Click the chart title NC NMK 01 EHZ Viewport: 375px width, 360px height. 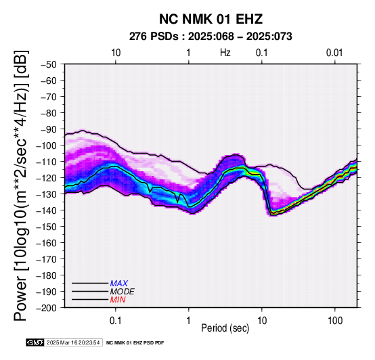tap(211, 19)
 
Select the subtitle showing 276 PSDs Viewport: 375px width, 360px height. tap(211, 37)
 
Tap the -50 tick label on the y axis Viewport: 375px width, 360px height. tap(49, 64)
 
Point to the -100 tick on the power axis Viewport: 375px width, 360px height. tap(47, 145)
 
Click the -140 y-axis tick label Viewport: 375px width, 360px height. tap(47, 210)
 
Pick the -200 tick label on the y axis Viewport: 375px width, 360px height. tap(47, 308)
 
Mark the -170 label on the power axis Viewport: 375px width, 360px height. tap(47, 259)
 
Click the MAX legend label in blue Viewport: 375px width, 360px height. tap(119, 284)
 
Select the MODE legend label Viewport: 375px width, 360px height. tap(123, 292)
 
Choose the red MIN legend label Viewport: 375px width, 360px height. tap(118, 300)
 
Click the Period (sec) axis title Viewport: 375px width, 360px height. tap(225, 328)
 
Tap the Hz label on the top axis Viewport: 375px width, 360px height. tap(225, 53)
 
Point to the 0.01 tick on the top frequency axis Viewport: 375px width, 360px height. tap(334, 53)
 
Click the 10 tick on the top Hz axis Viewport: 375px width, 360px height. tap(116, 53)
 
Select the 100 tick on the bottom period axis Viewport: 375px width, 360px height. tap(335, 321)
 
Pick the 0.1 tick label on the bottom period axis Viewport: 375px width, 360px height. tap(116, 321)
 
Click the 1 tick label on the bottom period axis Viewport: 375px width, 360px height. tap(189, 321)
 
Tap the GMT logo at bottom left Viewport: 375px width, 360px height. tap(35, 342)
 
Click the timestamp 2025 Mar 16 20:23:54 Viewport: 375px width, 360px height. tap(73, 342)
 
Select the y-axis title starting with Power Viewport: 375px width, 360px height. tap(21, 185)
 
